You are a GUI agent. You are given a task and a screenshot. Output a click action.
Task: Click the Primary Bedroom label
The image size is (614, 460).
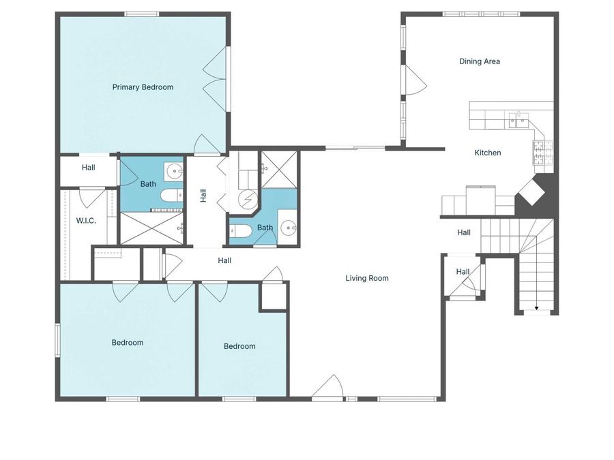[x=143, y=87]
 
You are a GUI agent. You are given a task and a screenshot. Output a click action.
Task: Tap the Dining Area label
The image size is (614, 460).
[x=480, y=61]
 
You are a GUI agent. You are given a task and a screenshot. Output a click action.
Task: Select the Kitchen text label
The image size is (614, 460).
[x=488, y=153]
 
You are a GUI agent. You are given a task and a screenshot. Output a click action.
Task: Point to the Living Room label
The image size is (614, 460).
[x=367, y=278]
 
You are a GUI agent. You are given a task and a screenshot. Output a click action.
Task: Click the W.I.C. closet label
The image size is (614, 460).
[x=86, y=221]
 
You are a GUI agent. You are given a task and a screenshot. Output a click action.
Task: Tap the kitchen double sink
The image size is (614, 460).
[x=519, y=120]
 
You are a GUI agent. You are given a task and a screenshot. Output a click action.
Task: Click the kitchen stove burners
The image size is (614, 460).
[x=543, y=153]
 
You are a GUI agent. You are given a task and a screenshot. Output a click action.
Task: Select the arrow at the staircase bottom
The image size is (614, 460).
[x=536, y=308]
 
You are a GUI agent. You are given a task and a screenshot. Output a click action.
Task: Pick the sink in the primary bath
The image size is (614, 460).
[x=175, y=171]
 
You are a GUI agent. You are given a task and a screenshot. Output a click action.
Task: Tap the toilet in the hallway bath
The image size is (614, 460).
[x=240, y=231]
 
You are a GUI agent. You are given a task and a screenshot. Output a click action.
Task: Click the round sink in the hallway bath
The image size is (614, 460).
[x=289, y=228]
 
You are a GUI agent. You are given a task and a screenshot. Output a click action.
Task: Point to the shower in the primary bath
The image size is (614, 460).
[x=152, y=228]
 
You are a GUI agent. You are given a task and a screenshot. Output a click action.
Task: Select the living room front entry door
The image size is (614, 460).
[x=327, y=387]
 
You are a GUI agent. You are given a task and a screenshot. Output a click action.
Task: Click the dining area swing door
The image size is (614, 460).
[x=415, y=80]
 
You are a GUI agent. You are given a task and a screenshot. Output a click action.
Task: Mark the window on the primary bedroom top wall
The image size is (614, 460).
[x=142, y=14]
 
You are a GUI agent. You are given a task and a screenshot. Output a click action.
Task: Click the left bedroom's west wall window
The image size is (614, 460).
[x=57, y=339]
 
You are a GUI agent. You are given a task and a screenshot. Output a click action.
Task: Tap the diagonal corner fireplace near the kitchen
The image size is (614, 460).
[x=531, y=191]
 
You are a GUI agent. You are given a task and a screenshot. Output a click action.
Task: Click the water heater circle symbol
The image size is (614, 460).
[x=248, y=200]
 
